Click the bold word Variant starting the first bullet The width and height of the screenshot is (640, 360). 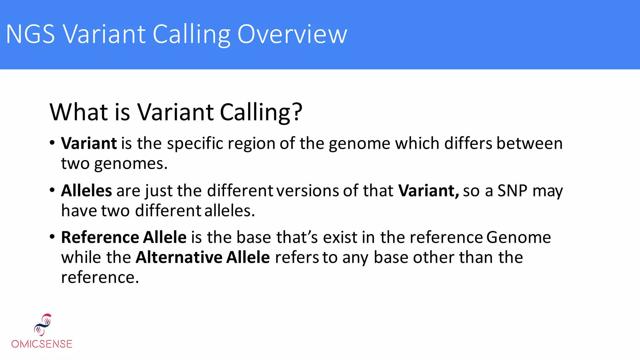[x=89, y=144]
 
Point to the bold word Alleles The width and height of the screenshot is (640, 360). [x=86, y=191]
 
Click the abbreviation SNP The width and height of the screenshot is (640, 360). [x=512, y=191]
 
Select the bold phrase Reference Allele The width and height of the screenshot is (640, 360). [x=124, y=237]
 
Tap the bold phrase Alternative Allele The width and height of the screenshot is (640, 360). [x=202, y=257]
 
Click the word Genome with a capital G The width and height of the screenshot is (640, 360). [x=518, y=237]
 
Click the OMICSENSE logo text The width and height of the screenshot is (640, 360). [x=42, y=344]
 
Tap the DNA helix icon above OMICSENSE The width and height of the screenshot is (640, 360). [x=43, y=324]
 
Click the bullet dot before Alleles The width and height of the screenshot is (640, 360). [x=52, y=190]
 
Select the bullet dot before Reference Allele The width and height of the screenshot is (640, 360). [x=52, y=237]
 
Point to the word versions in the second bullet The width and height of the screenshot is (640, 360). [x=307, y=191]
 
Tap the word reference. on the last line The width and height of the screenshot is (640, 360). [x=100, y=277]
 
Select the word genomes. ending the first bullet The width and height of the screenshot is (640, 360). [x=131, y=164]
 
